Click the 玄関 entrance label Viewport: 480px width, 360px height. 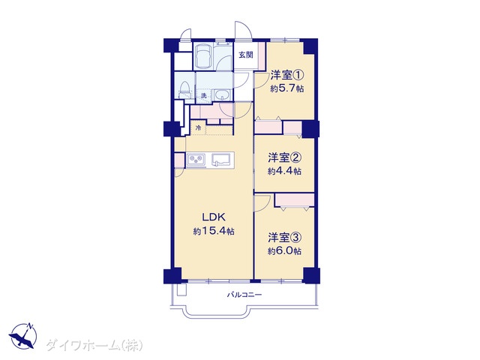(246, 55)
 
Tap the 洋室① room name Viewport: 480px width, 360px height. (286, 75)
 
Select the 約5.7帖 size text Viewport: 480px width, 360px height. (286, 88)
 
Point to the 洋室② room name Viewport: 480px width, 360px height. (285, 157)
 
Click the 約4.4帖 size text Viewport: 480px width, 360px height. (285, 171)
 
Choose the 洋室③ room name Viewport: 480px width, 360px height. (285, 237)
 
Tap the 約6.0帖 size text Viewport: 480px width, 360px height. (285, 251)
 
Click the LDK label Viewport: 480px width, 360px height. (214, 217)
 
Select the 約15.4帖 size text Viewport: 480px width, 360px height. (214, 231)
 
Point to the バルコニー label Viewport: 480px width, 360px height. (244, 295)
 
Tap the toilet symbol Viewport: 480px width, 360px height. (184, 89)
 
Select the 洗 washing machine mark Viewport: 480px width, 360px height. (203, 95)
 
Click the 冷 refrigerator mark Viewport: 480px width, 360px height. (198, 128)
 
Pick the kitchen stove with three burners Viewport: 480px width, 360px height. (196, 160)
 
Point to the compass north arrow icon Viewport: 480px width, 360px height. (23, 335)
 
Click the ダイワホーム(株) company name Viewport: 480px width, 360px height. (94, 345)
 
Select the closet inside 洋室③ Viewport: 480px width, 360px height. (295, 200)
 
